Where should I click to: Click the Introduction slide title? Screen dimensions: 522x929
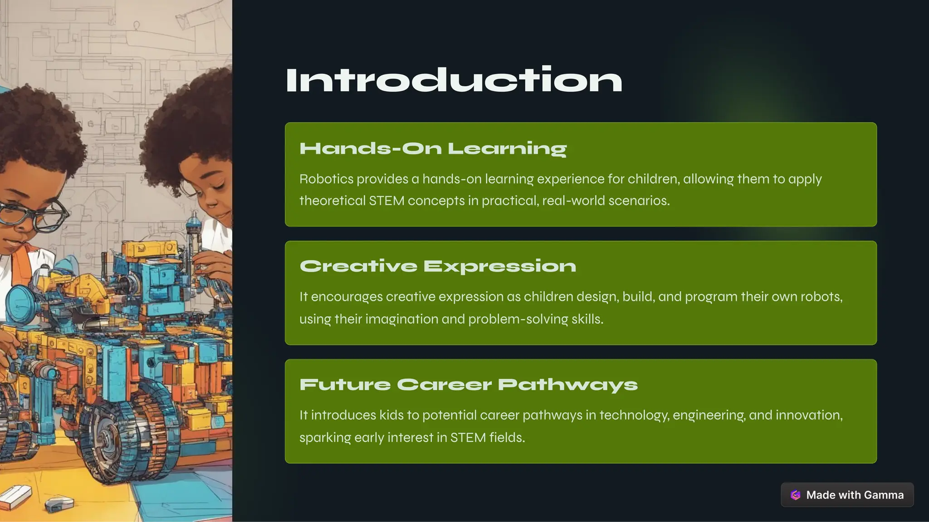(x=454, y=81)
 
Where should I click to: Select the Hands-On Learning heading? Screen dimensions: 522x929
(x=433, y=148)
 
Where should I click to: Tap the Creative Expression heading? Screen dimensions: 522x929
(x=438, y=266)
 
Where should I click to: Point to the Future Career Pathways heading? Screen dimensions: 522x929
(x=468, y=385)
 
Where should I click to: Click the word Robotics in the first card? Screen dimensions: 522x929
(x=326, y=179)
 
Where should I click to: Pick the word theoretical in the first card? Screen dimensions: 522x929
(x=332, y=201)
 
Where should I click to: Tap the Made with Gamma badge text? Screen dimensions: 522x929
(x=855, y=495)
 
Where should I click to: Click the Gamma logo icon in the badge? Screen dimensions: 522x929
(x=796, y=495)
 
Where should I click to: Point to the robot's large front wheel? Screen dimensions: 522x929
(x=107, y=435)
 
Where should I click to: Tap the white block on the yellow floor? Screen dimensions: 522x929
(x=16, y=497)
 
